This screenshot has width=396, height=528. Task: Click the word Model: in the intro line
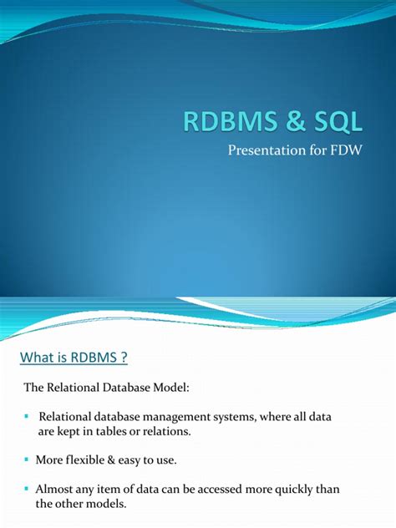[170, 388]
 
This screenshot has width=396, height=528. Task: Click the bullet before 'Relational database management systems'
[27, 416]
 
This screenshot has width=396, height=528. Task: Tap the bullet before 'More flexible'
[27, 459]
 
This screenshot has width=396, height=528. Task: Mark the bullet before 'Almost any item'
[27, 489]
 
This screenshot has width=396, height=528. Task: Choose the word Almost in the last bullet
[56, 490]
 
